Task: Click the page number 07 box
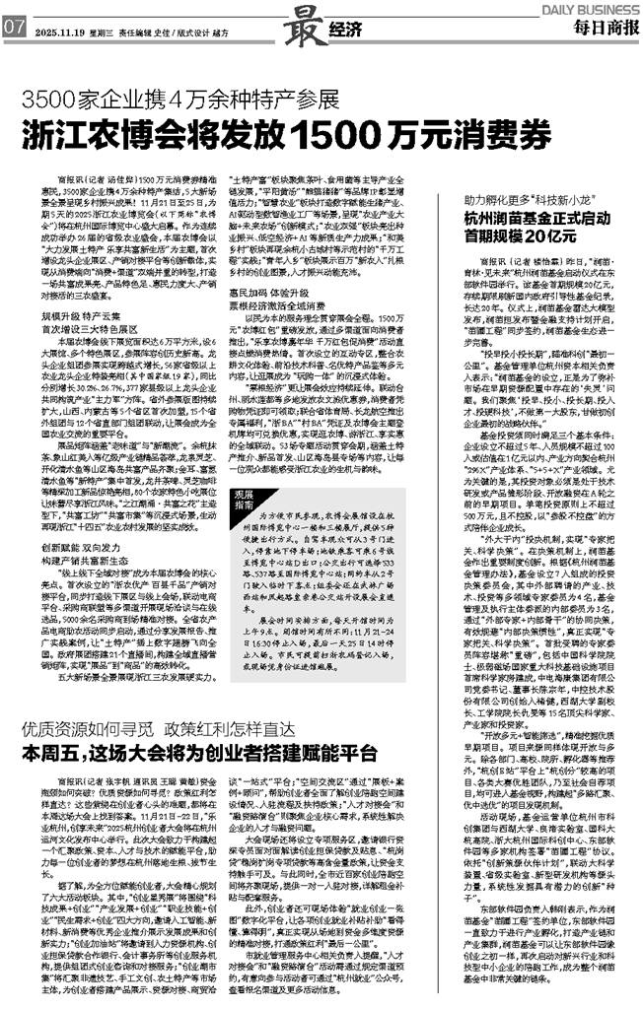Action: coord(14,27)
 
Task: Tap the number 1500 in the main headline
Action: coord(326,133)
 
